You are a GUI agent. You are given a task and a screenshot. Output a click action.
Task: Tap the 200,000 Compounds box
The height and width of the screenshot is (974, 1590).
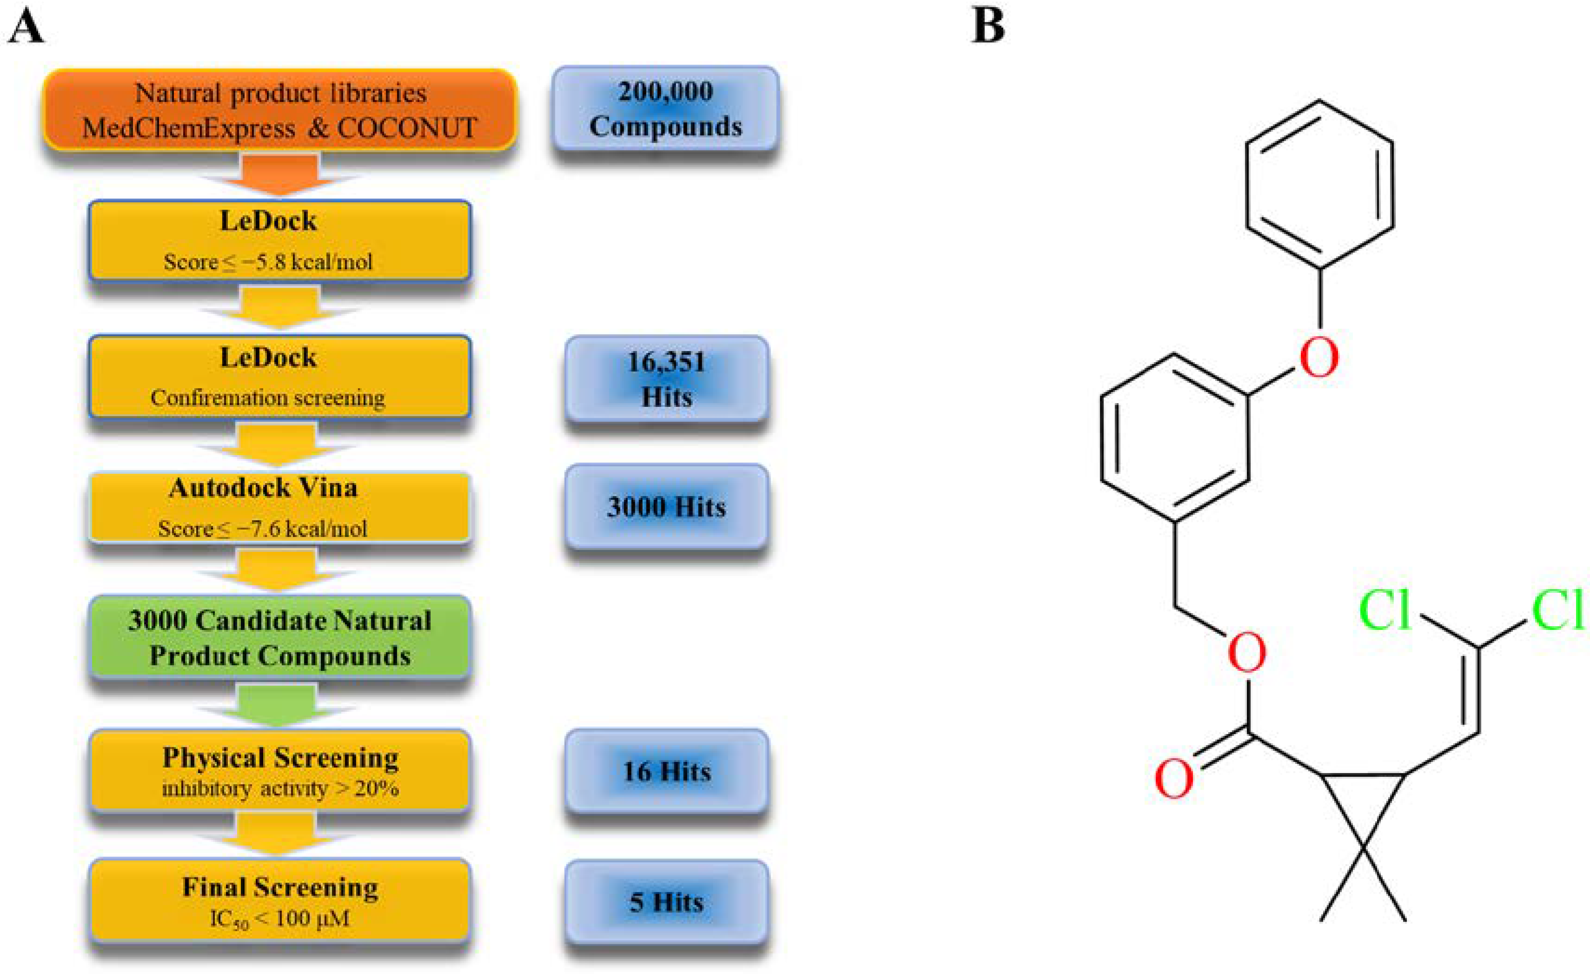(x=665, y=108)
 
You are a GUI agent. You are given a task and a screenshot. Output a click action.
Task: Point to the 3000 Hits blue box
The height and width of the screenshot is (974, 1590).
(x=666, y=507)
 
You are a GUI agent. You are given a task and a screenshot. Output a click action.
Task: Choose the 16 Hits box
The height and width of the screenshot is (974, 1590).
(x=666, y=771)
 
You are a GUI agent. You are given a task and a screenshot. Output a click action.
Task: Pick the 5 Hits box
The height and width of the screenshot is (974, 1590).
(x=666, y=902)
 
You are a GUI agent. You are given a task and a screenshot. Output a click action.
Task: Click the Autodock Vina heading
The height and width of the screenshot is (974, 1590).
(x=263, y=488)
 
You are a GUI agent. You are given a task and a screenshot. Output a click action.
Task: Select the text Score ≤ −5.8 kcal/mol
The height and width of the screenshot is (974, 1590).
(x=268, y=262)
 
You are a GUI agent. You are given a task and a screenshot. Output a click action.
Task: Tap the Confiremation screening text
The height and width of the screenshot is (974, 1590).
(x=268, y=398)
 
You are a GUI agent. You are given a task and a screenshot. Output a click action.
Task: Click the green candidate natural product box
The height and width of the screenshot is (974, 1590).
(x=279, y=637)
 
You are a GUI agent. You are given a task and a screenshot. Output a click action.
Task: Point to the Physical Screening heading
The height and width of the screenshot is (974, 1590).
(x=279, y=757)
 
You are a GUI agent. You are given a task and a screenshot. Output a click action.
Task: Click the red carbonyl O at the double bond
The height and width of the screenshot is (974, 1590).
(x=1173, y=779)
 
